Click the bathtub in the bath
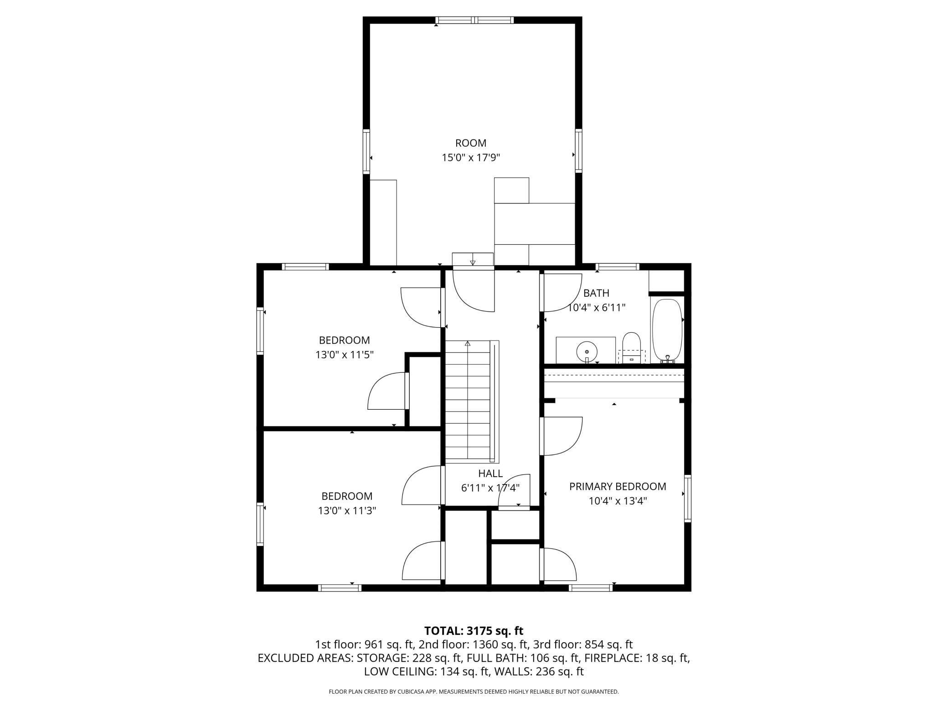pyautogui.click(x=667, y=331)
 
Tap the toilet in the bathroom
pyautogui.click(x=632, y=348)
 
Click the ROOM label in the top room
pyautogui.click(x=471, y=143)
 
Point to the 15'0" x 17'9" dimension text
pyautogui.click(x=471, y=158)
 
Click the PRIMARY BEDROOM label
pyautogui.click(x=618, y=486)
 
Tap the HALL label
pyautogui.click(x=490, y=474)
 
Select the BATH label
pyautogui.click(x=596, y=293)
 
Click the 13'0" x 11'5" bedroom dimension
pyautogui.click(x=345, y=355)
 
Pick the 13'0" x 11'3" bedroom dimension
pyautogui.click(x=347, y=510)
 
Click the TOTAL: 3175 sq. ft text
pyautogui.click(x=474, y=631)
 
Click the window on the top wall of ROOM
pyautogui.click(x=474, y=20)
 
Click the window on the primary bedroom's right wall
pyautogui.click(x=688, y=498)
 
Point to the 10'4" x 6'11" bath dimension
pyautogui.click(x=596, y=308)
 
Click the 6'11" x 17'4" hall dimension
pyautogui.click(x=490, y=488)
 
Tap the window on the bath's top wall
pyautogui.click(x=618, y=267)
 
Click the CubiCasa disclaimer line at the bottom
pyautogui.click(x=474, y=692)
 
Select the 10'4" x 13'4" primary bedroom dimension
pyautogui.click(x=618, y=501)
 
